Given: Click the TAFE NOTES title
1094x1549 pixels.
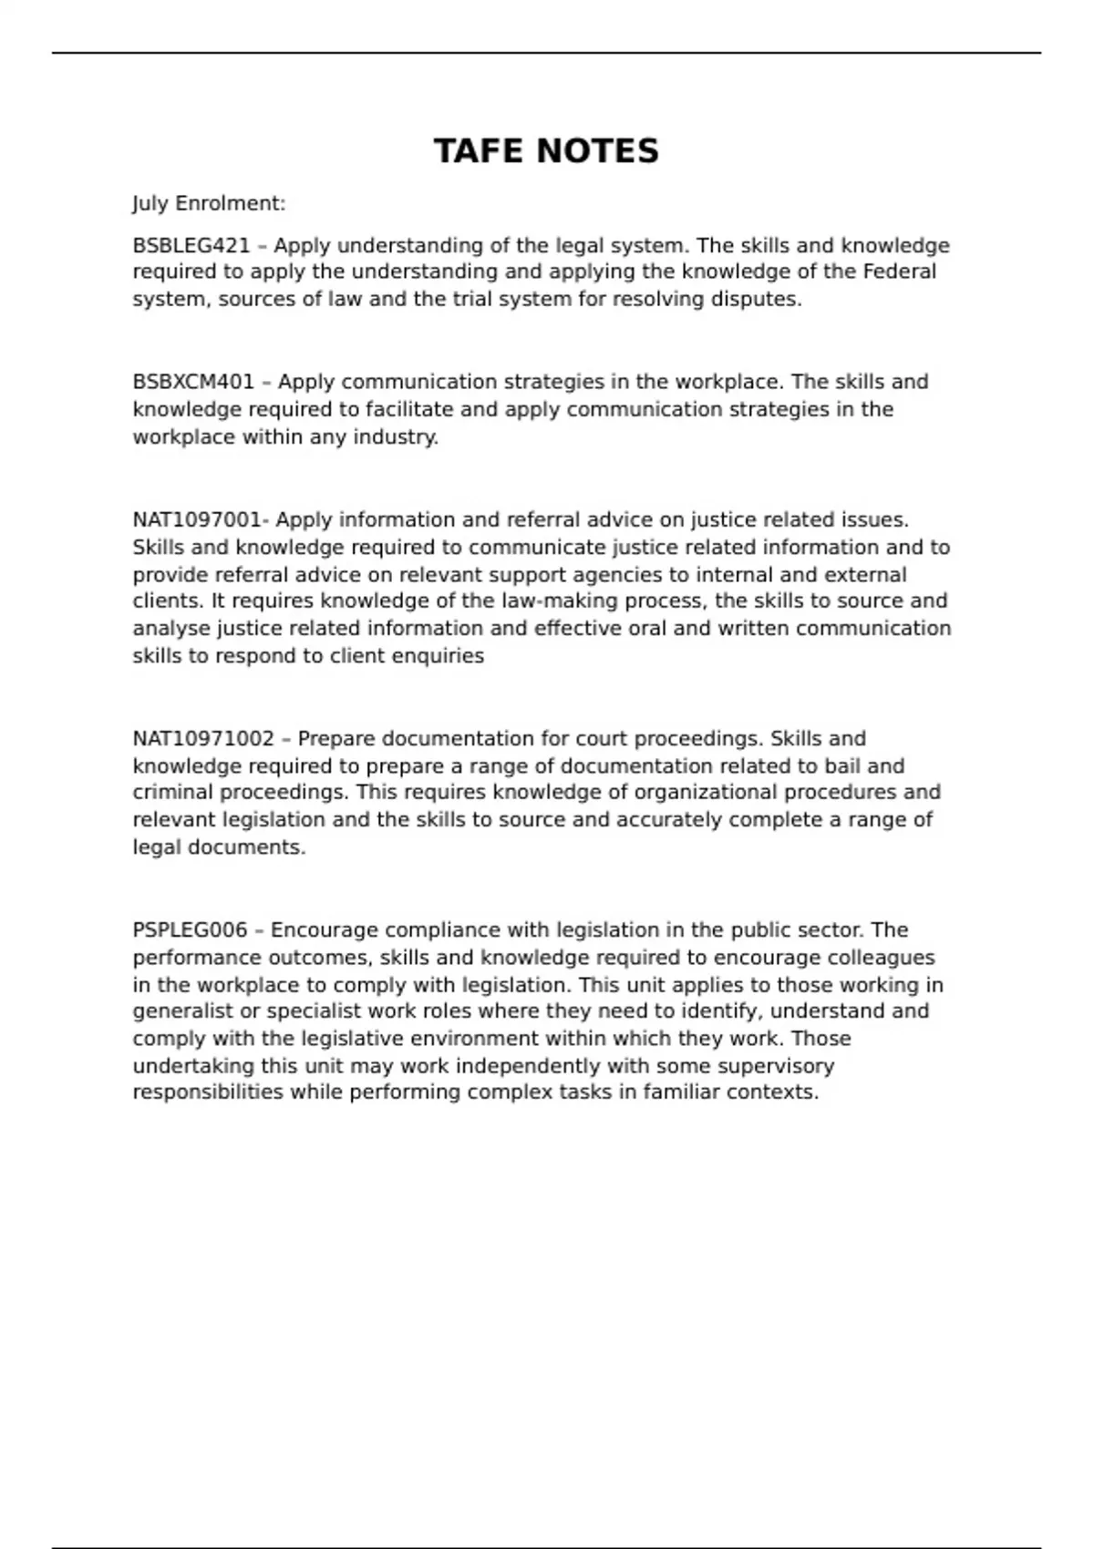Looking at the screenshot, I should click(x=546, y=151).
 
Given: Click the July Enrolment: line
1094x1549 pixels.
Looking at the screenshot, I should click(x=209, y=203).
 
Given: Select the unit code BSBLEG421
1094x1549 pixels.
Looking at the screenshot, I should click(x=191, y=246).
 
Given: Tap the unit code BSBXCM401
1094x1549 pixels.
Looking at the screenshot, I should click(x=193, y=382).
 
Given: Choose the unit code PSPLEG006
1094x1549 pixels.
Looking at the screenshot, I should click(x=190, y=930).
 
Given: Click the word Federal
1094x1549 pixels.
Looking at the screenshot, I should click(x=899, y=272).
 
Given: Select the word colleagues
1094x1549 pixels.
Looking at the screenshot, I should click(x=881, y=958).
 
